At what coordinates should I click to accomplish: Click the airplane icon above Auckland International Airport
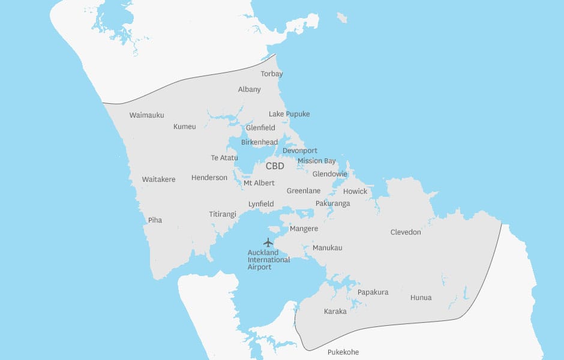(268, 242)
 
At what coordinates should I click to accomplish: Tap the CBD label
(275, 166)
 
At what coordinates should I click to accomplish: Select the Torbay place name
(272, 74)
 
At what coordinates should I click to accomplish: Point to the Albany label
(250, 89)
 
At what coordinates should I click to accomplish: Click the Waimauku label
(146, 115)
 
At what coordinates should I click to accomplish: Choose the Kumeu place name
(185, 127)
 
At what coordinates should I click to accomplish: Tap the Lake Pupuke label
(289, 114)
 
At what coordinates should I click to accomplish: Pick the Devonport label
(300, 151)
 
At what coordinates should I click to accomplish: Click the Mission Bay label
(317, 161)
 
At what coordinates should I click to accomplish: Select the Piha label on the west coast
(155, 220)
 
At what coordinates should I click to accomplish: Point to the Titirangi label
(223, 214)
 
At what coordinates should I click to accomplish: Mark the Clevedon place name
(406, 232)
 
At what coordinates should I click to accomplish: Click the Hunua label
(421, 298)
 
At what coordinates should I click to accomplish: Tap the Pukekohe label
(343, 352)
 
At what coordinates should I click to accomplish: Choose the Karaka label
(335, 311)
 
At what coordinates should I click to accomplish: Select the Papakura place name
(373, 292)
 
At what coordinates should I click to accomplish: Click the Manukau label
(328, 248)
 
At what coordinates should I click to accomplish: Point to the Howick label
(355, 191)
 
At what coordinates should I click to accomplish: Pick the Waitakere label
(158, 179)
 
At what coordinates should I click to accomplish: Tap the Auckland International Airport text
(269, 260)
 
